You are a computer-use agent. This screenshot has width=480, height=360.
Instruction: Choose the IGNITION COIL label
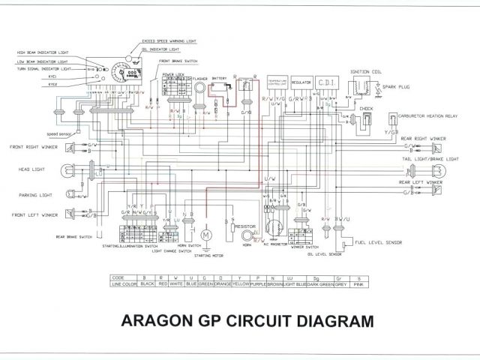click(366, 73)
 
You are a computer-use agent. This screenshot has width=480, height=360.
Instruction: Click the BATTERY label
click(219, 77)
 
